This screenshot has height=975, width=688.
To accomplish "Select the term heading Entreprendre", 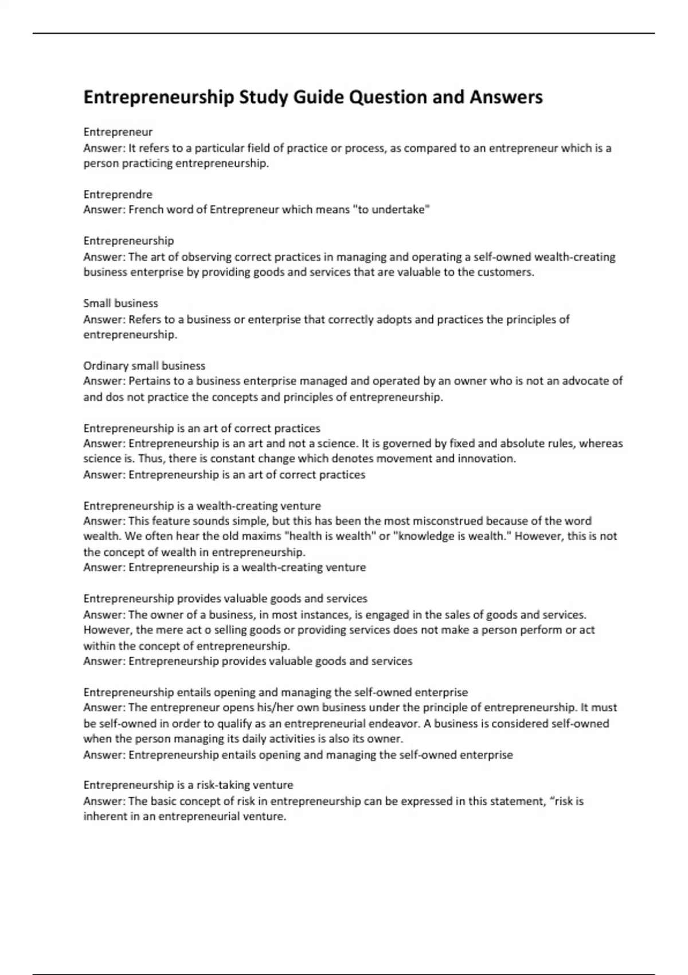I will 118,194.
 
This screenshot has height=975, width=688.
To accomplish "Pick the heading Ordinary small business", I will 144,365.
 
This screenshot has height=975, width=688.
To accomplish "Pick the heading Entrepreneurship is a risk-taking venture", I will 188,785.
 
